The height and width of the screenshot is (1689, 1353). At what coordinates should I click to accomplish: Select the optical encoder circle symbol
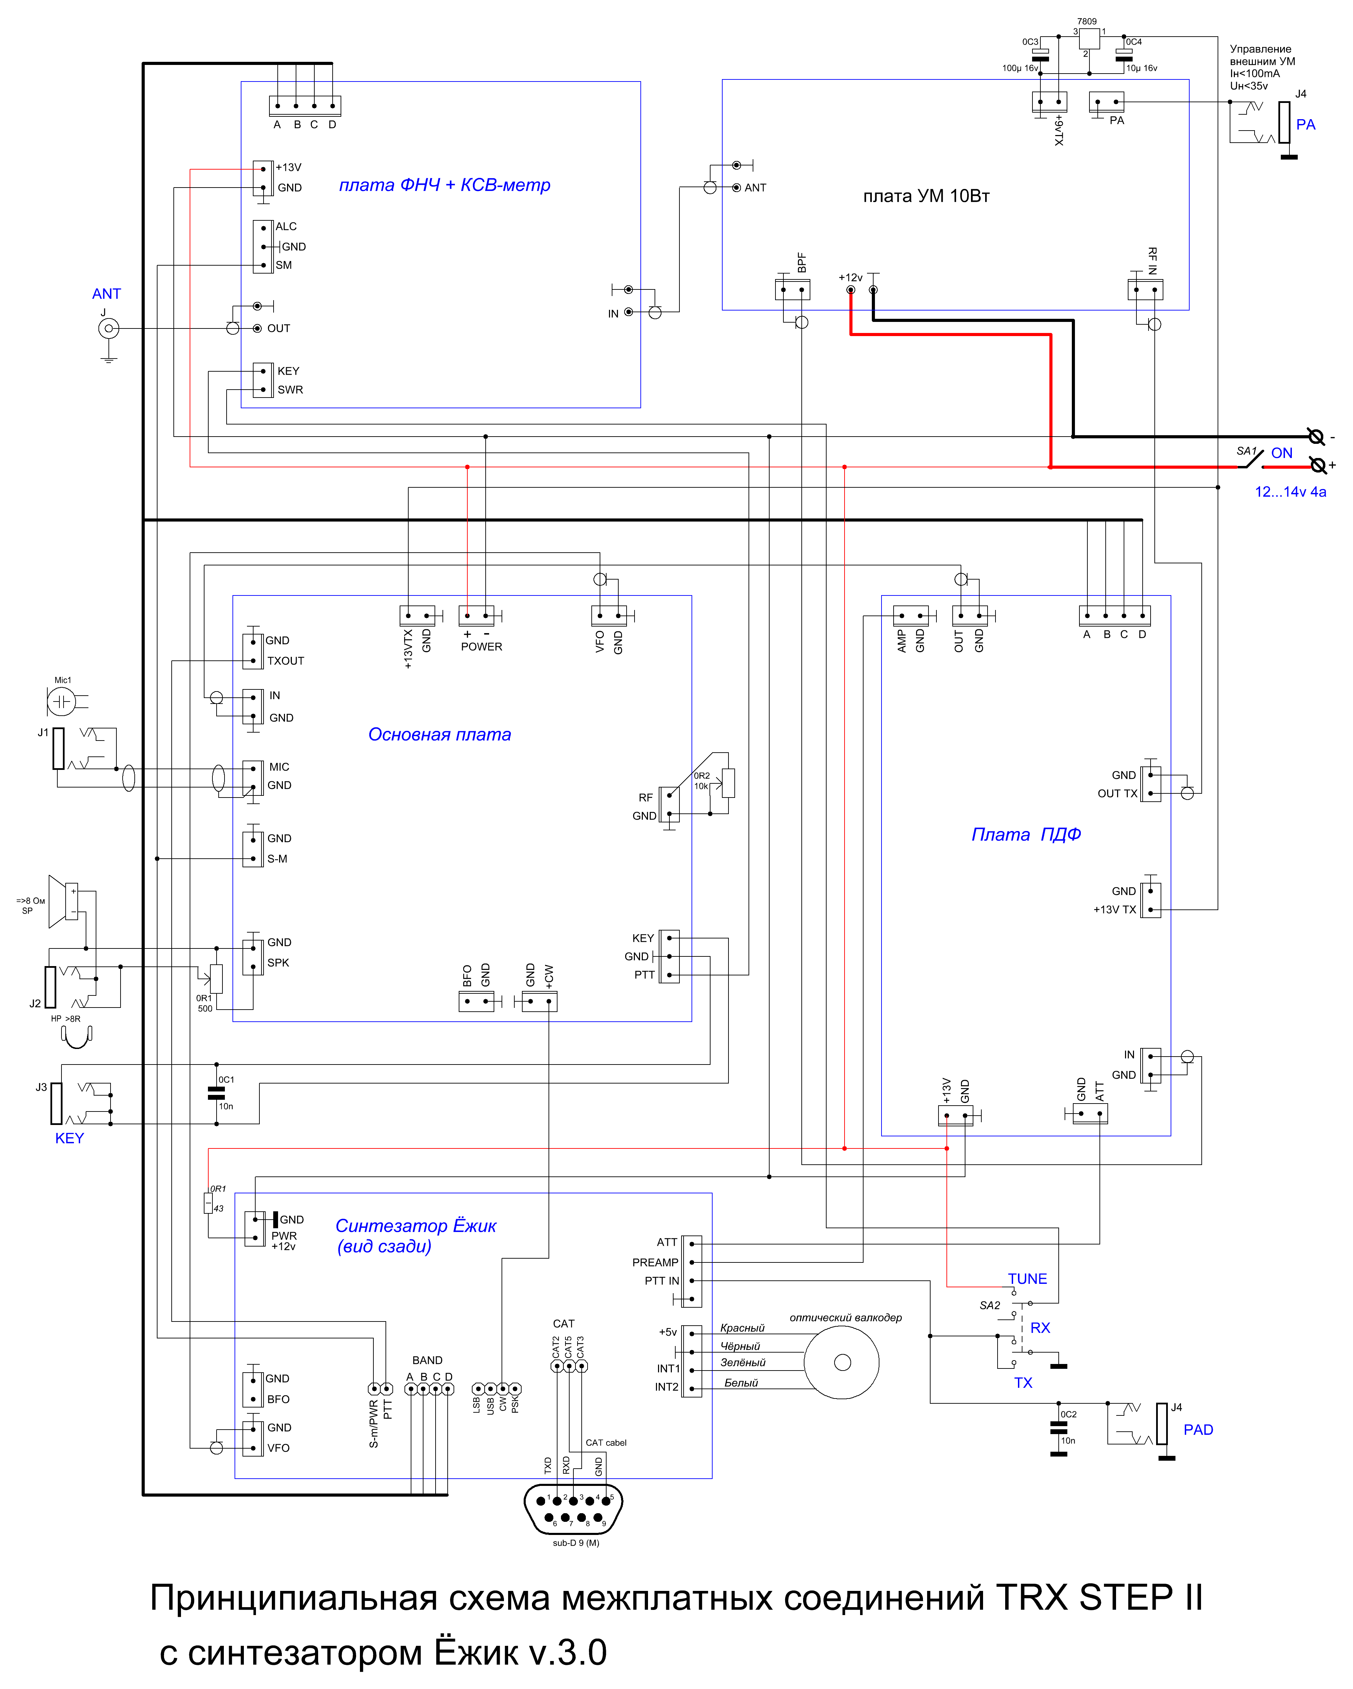tap(842, 1363)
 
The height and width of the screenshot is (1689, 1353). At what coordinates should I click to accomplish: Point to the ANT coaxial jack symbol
tap(109, 328)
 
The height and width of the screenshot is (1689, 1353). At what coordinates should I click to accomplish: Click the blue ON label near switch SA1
tap(1282, 453)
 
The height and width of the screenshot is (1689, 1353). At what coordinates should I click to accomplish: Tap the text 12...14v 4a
tap(1290, 492)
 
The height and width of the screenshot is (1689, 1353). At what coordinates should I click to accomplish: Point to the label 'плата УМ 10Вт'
tap(926, 196)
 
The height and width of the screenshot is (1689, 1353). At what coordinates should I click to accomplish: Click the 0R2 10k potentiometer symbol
tap(728, 783)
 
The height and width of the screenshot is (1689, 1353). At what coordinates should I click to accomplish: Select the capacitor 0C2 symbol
tap(1058, 1426)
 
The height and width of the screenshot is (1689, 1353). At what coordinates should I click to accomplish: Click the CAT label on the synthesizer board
tap(563, 1324)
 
